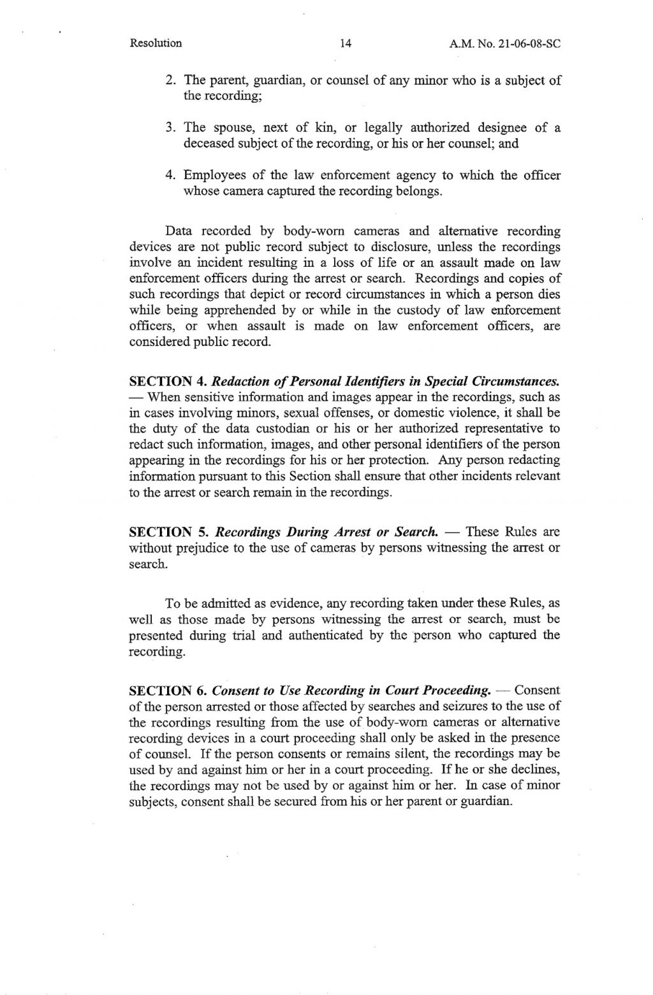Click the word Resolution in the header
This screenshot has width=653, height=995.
click(x=156, y=44)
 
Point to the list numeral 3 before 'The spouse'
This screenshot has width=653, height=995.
click(x=170, y=128)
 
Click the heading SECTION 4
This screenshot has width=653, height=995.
click(x=166, y=382)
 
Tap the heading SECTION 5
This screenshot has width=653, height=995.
click(x=166, y=531)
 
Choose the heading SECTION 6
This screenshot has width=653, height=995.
click(x=166, y=690)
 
